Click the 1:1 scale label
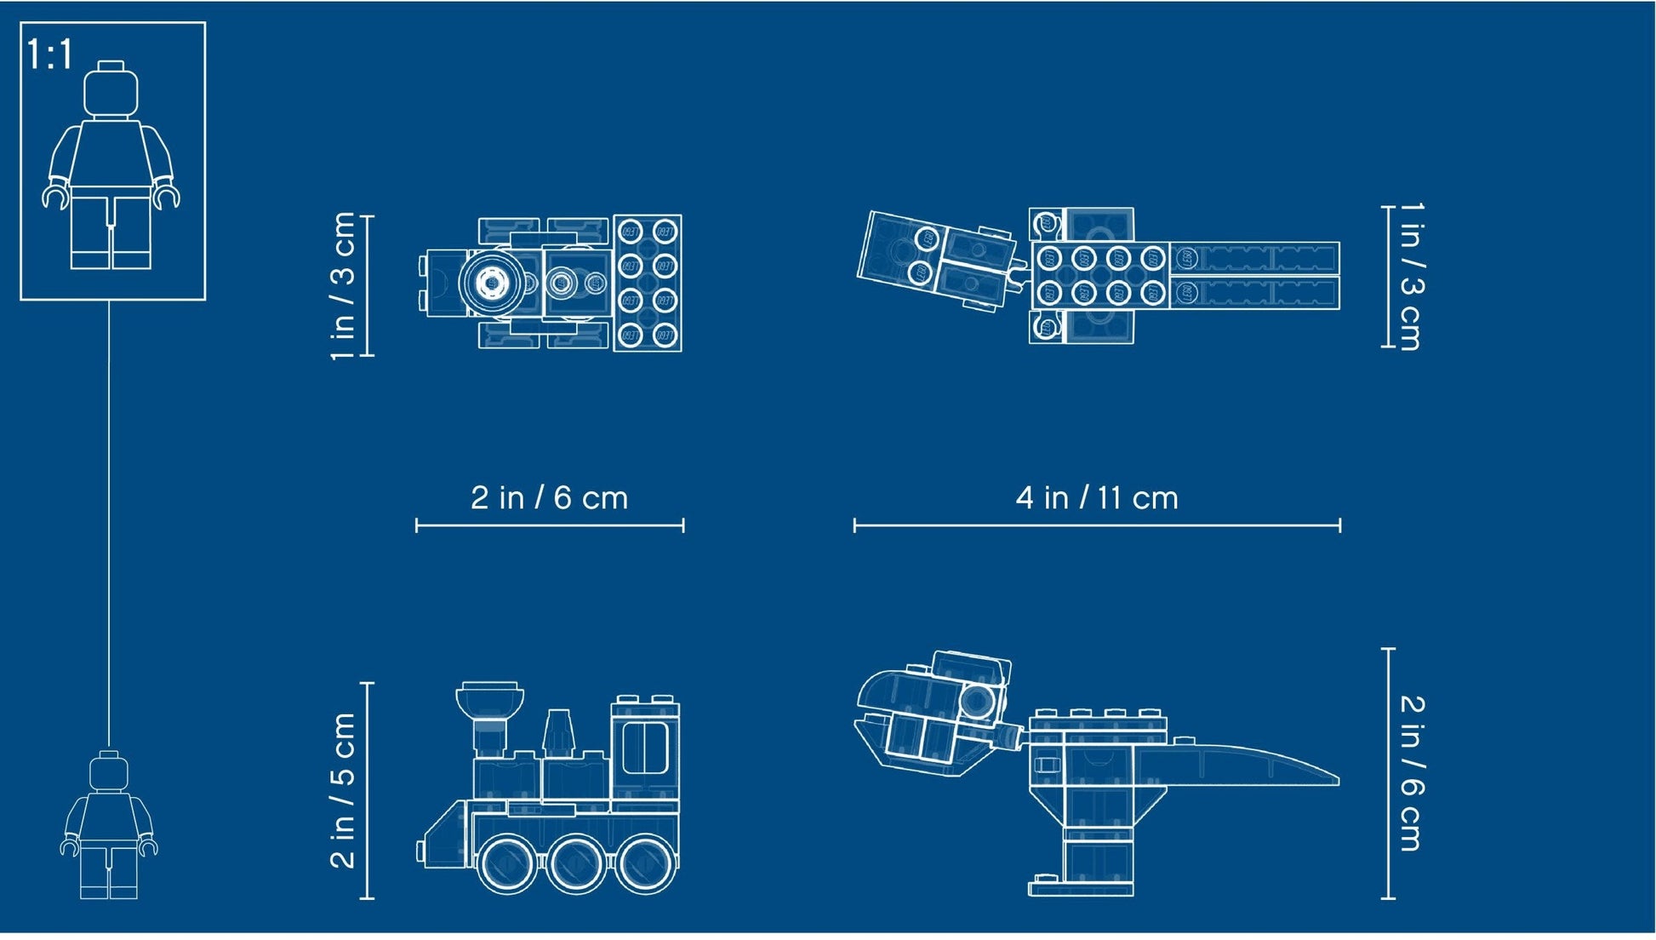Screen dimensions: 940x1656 [x=50, y=54]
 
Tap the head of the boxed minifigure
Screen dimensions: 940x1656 [x=111, y=89]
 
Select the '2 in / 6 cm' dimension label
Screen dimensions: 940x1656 [x=549, y=498]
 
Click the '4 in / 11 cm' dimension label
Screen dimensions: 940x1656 [x=1097, y=498]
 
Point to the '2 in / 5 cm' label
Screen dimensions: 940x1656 [x=343, y=790]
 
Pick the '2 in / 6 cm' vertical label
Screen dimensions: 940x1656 [x=1410, y=773]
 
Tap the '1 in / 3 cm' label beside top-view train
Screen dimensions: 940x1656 [x=343, y=286]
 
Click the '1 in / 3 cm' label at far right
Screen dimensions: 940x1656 [x=1410, y=277]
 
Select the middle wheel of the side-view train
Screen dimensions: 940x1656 [x=575, y=863]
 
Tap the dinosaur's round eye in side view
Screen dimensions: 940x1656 [x=976, y=702]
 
